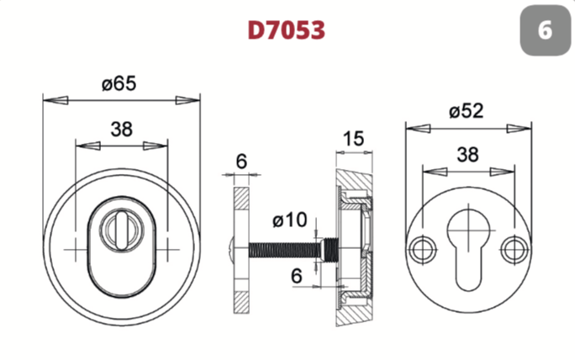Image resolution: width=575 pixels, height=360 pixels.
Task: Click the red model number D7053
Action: [x=287, y=29]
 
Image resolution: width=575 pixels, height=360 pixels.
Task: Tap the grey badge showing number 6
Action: [x=546, y=30]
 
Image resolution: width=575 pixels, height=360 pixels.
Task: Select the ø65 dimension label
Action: [x=119, y=83]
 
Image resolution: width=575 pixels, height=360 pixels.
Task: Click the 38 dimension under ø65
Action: [x=121, y=130]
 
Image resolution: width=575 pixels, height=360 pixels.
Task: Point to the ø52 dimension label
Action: [x=467, y=110]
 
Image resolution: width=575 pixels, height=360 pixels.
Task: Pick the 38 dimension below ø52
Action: [x=467, y=155]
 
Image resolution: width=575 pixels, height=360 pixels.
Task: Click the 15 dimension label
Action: [x=354, y=139]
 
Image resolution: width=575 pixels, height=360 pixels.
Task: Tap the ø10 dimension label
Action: [x=290, y=220]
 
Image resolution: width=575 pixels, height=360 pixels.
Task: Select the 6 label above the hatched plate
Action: [x=241, y=161]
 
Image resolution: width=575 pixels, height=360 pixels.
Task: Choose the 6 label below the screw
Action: [x=297, y=276]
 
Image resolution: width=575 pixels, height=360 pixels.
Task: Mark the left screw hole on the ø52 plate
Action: [x=423, y=250]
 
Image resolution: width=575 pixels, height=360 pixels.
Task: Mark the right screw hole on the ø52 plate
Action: [x=514, y=250]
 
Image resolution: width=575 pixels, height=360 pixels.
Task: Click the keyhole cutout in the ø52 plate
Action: [x=468, y=249]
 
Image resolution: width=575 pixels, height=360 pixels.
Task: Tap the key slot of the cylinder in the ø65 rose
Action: [x=121, y=228]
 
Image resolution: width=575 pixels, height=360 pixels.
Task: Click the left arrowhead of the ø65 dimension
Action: [x=55, y=100]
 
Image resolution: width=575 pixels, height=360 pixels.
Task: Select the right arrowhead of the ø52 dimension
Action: [x=519, y=129]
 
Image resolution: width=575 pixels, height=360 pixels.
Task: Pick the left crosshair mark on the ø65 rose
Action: [x=76, y=250]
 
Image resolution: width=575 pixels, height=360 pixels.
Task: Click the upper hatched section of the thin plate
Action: [x=241, y=199]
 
